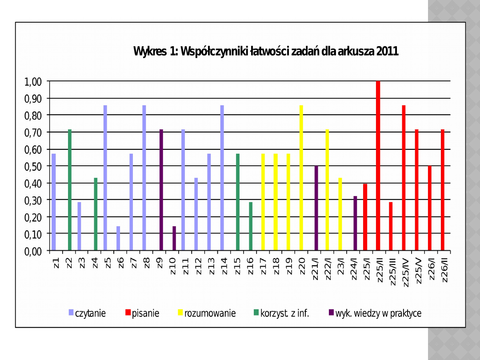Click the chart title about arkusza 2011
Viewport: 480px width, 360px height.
tap(266, 52)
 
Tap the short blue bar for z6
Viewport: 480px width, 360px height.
tap(118, 238)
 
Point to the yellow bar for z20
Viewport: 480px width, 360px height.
tap(301, 178)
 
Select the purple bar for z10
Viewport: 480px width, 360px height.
tap(174, 238)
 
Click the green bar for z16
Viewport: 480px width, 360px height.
tap(251, 226)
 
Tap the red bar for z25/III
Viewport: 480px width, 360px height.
tap(391, 226)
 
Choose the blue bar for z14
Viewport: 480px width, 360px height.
tap(222, 178)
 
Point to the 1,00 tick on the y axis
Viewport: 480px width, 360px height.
tap(33, 82)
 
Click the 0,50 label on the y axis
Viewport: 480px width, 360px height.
tap(33, 166)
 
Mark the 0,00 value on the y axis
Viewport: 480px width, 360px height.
tap(33, 251)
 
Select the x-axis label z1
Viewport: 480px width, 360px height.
tap(56, 262)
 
